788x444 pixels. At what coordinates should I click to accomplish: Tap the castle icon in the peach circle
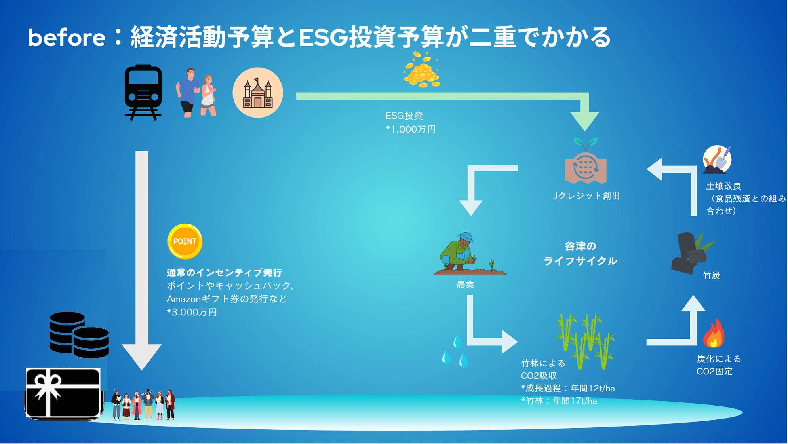tap(257, 93)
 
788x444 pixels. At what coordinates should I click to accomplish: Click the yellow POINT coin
tap(185, 241)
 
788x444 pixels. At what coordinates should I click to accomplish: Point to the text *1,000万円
tap(411, 129)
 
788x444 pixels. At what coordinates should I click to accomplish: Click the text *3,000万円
tap(192, 312)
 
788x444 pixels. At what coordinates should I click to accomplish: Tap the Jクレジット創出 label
tap(586, 196)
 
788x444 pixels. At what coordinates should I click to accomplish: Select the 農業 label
tap(465, 285)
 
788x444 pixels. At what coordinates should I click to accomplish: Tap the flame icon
tap(714, 334)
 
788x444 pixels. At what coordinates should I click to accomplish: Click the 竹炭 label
tap(711, 276)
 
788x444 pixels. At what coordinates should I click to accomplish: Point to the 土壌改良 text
tap(723, 186)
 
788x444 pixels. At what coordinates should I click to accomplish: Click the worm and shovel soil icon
tap(717, 160)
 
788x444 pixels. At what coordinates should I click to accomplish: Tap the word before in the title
tap(67, 38)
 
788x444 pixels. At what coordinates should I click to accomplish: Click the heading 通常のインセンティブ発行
tap(224, 273)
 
